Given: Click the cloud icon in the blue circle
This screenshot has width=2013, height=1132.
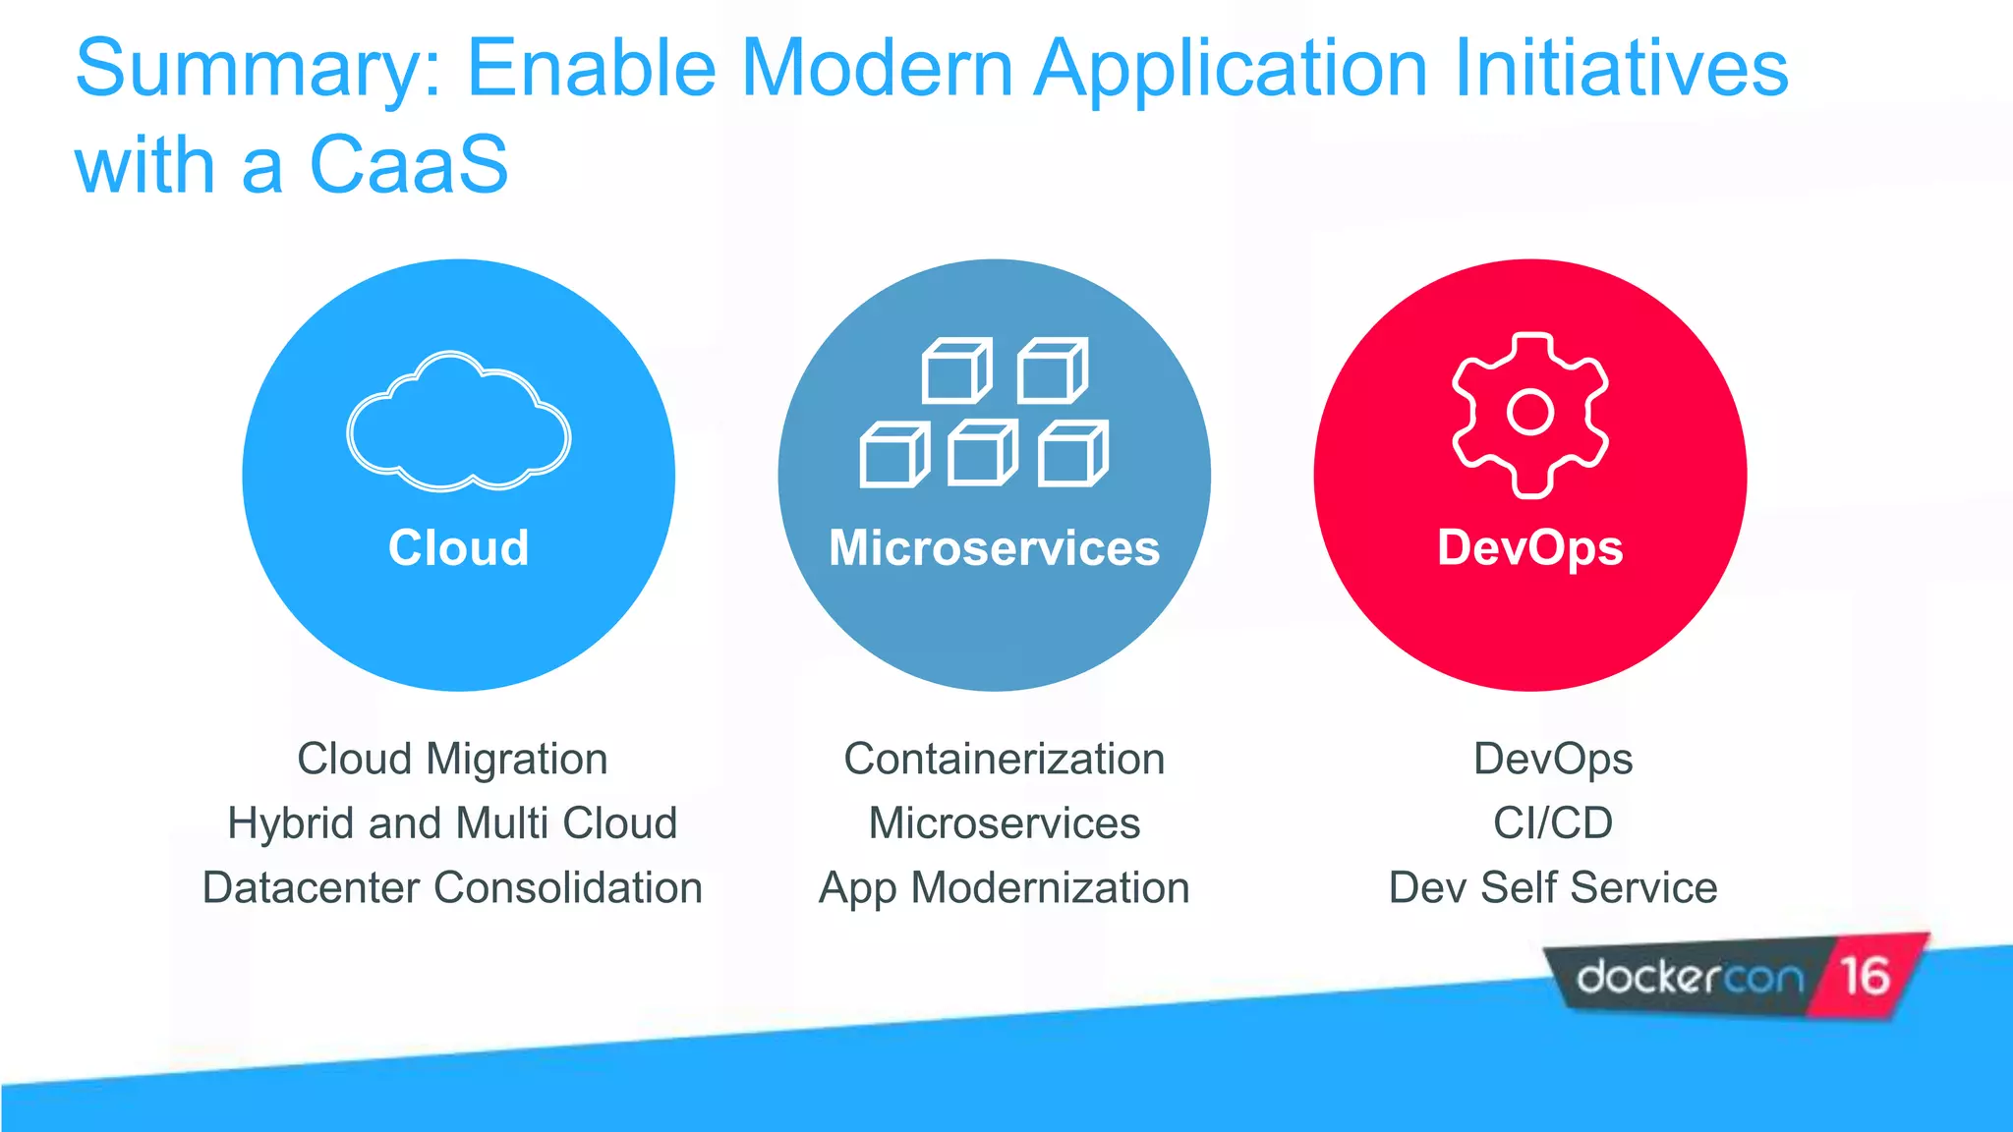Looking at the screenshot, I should point(458,423).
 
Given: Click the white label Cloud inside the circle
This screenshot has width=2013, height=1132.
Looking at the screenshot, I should point(458,547).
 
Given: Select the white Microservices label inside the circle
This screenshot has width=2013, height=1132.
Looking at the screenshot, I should point(994,547).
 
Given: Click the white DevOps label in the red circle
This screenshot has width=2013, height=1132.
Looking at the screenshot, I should point(1529,547).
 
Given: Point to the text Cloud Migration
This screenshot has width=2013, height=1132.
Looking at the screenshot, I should point(452,760).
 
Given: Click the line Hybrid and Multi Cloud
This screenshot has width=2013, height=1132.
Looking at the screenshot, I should point(452,823).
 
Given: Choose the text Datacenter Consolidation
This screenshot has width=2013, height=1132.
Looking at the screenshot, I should point(452,887).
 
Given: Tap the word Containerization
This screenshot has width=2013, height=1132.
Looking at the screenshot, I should point(1004,760).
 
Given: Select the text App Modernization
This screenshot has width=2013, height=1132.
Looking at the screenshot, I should point(1004,887).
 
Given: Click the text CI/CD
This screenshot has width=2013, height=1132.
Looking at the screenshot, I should point(1553,823).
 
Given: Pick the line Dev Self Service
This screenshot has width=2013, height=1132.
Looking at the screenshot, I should point(1553,887).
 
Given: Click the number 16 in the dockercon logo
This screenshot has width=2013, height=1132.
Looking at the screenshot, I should point(1865,977).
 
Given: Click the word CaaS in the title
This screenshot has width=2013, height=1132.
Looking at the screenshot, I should point(409,165).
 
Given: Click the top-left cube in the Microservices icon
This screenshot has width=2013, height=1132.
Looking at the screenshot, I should point(955,371).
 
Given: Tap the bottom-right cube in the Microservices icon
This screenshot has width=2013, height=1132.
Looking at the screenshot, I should point(1072,454).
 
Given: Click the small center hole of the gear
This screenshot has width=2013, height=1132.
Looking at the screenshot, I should point(1529,412).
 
